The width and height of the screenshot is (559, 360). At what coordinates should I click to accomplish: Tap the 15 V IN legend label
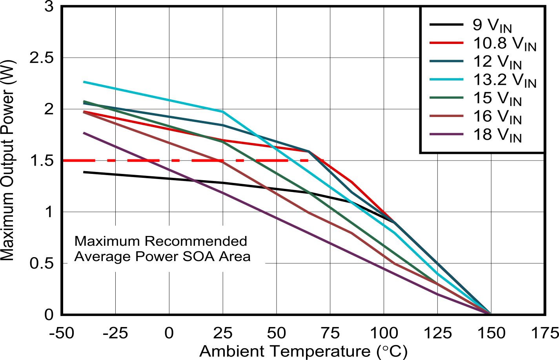497,98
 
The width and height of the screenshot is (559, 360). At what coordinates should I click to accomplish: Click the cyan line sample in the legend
446,80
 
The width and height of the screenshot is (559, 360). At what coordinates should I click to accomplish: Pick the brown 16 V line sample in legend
446,116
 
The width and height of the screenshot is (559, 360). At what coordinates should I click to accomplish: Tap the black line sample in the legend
446,25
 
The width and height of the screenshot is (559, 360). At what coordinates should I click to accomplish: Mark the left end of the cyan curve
84,82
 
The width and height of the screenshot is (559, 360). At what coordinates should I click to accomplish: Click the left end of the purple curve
84,133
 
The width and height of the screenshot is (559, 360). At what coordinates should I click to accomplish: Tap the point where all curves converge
489,312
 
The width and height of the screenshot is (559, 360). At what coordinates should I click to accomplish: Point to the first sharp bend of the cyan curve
223,112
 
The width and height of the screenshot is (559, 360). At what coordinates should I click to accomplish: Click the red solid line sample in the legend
446,43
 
